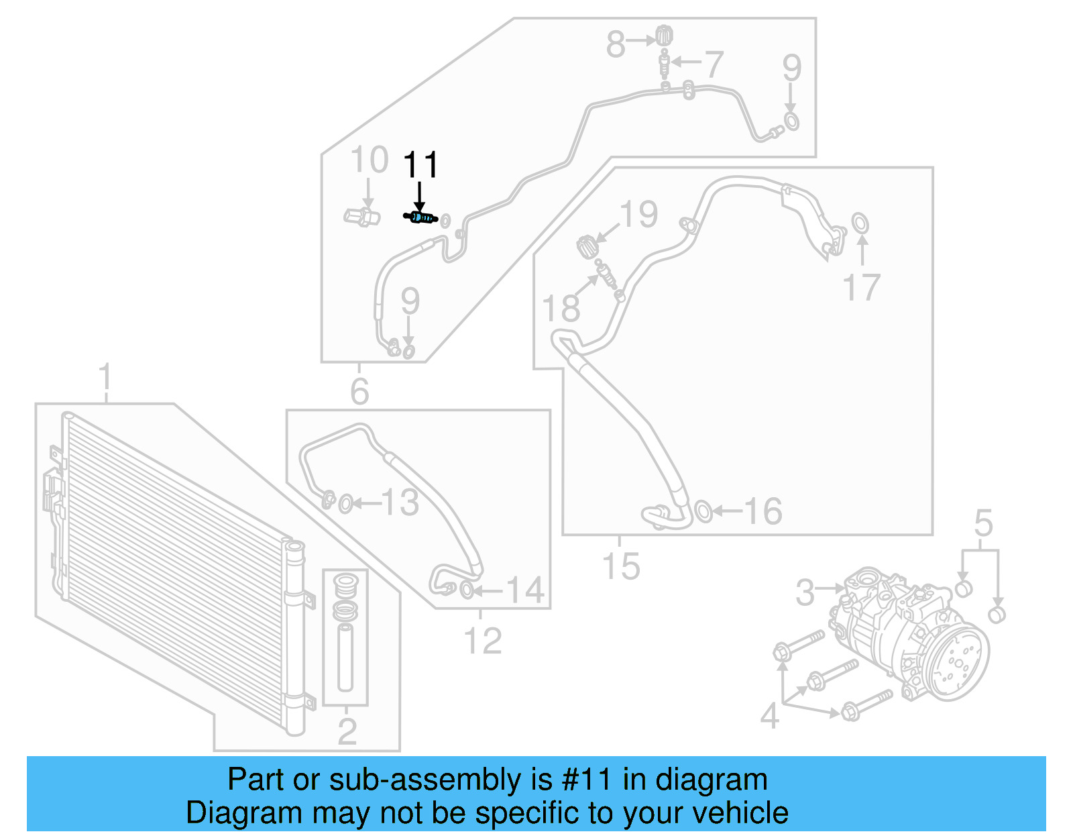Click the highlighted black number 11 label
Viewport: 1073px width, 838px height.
click(x=420, y=164)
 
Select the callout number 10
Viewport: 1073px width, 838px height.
click(x=370, y=160)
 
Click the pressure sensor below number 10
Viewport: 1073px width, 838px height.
click(x=362, y=217)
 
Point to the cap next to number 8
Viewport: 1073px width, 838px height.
click(x=664, y=35)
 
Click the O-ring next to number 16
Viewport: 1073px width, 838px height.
click(x=703, y=511)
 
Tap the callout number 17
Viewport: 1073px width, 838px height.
click(x=861, y=288)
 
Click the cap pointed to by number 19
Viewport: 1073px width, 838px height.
click(x=587, y=246)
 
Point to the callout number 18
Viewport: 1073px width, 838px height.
click(x=561, y=309)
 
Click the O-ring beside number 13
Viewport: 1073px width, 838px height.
click(x=346, y=503)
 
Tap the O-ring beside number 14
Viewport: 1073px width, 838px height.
click(x=467, y=590)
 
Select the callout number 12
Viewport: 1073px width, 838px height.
click(x=482, y=640)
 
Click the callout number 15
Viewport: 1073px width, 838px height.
click(x=621, y=566)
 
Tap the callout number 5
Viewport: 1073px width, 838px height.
click(x=983, y=523)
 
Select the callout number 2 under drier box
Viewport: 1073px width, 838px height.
click(x=347, y=731)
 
